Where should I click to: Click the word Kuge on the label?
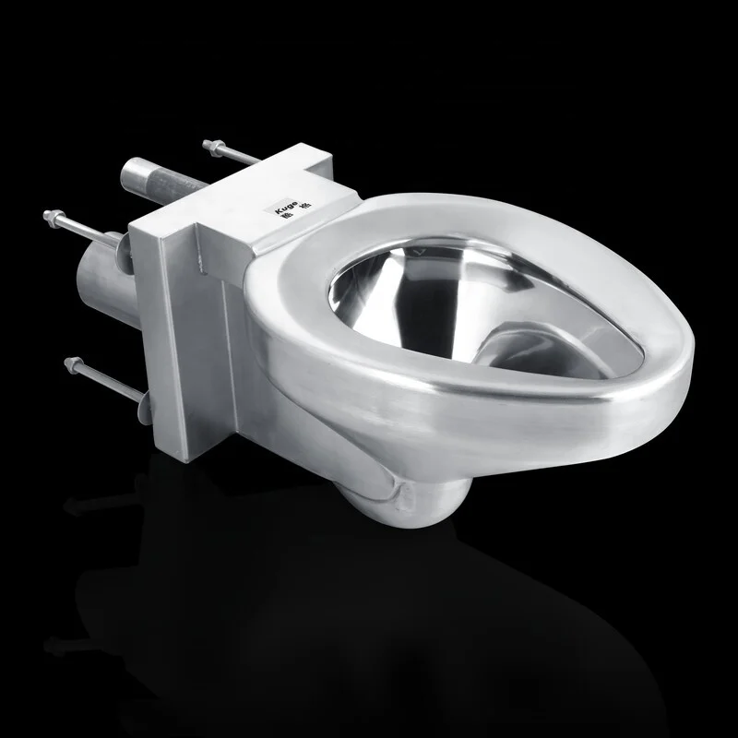[288, 206]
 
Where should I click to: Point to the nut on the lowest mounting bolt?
[69, 361]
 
